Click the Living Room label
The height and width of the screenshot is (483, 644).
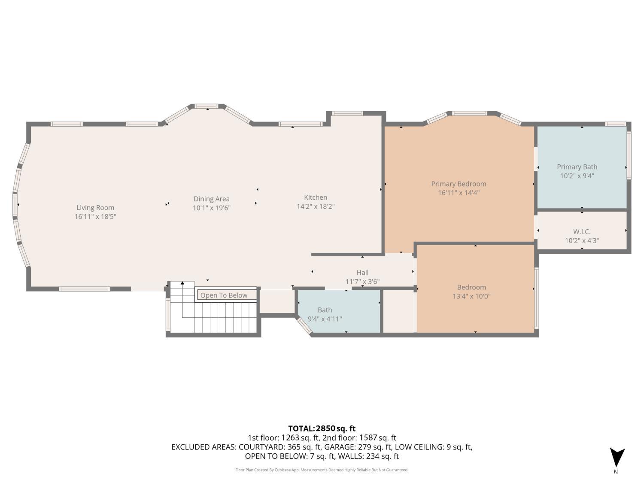95,208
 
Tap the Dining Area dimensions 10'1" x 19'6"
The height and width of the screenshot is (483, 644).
212,208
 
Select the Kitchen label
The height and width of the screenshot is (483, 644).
316,197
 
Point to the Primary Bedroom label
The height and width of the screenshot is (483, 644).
459,184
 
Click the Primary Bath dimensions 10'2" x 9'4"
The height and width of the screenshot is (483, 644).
577,176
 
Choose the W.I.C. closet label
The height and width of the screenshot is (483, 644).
582,232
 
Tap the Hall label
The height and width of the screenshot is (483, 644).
362,273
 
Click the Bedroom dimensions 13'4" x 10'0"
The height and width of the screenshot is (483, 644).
471,296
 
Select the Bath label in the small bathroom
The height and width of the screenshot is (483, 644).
325,310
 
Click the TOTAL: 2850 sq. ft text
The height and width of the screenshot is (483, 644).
322,428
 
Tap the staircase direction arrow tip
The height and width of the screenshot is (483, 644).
182,283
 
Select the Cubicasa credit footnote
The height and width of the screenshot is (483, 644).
322,470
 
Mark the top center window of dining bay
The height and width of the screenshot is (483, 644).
207,106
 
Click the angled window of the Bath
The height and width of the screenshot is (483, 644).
304,325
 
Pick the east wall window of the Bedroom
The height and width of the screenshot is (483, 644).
536,298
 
